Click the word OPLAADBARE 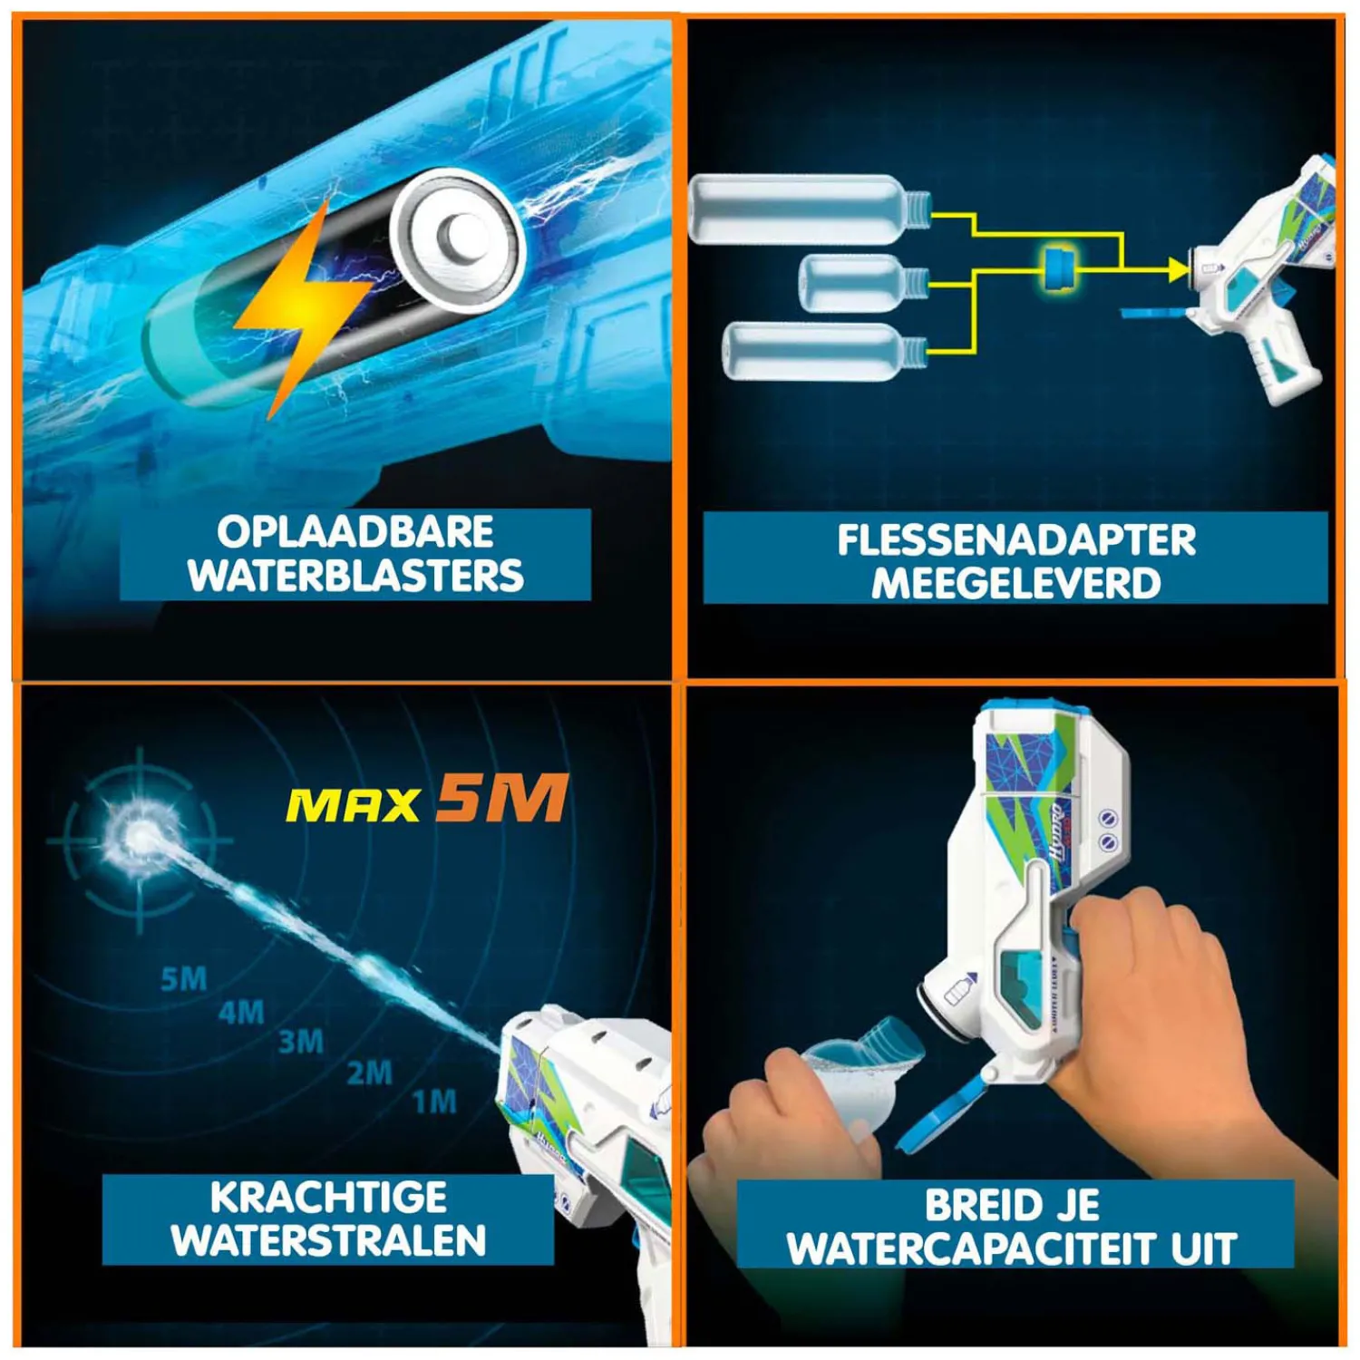[355, 532]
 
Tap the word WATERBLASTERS [355, 577]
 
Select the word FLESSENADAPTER [1016, 540]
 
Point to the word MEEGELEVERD [1016, 584]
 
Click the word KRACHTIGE [328, 1198]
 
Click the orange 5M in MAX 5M [501, 799]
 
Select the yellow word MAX [354, 805]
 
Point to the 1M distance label [434, 1103]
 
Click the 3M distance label [301, 1042]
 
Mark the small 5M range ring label [184, 979]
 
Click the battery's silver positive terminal [456, 238]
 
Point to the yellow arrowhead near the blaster [1178, 269]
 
